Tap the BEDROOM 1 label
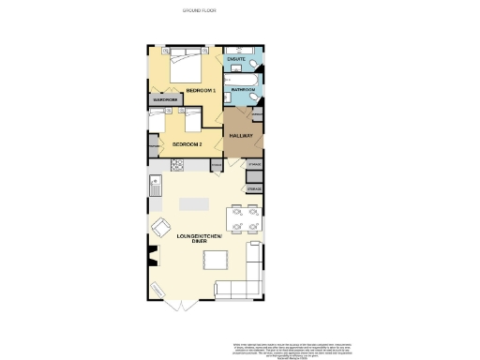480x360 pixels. point(201,90)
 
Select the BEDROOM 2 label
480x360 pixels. point(187,143)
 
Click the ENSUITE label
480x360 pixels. point(236,59)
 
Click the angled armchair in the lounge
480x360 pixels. point(161,227)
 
